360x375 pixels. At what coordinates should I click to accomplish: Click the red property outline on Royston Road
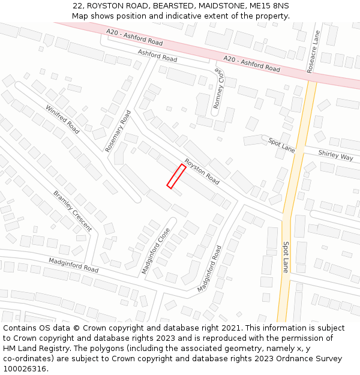coord(176,176)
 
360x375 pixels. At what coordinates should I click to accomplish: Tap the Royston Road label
coord(202,170)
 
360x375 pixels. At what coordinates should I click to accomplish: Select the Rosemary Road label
coord(118,131)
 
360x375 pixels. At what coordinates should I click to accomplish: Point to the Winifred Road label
coord(62,119)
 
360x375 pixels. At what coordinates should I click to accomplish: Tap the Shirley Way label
coord(335,156)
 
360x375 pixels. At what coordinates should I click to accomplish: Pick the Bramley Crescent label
coord(73,211)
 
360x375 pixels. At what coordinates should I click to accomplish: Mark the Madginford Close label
coord(155,251)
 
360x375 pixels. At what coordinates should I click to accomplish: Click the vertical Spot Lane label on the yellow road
coord(286,257)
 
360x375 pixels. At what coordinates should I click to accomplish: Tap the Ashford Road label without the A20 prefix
coord(157,56)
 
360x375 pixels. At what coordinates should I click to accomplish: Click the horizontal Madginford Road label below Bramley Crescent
coord(74,265)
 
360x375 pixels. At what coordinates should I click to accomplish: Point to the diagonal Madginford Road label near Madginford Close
coord(209,268)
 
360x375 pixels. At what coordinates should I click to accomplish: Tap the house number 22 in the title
coord(77,5)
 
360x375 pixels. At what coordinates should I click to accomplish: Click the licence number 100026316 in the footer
coord(25,369)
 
